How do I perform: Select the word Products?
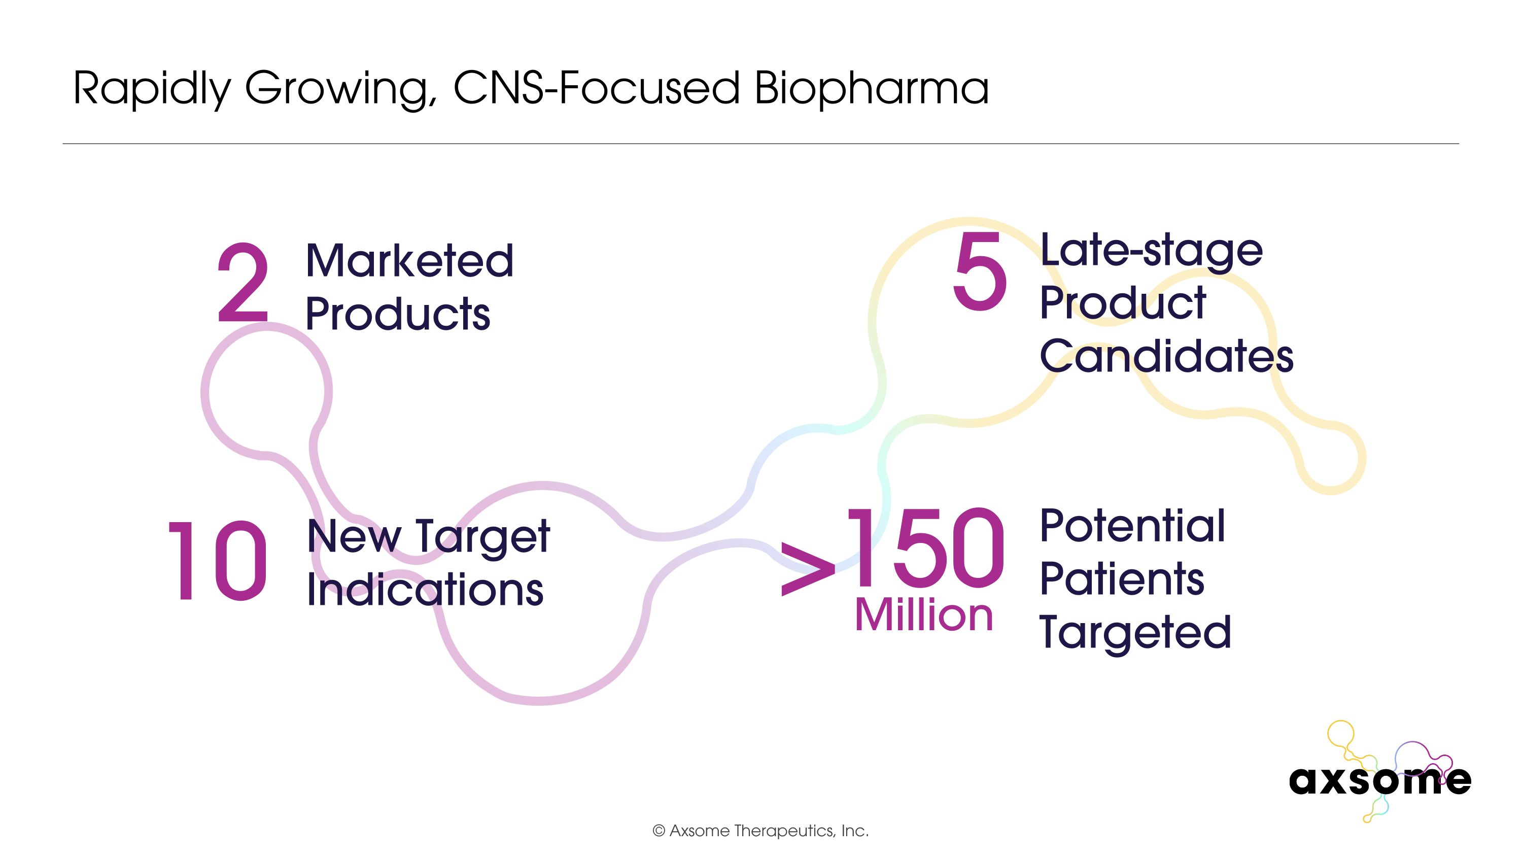(398, 314)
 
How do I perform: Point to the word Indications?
(425, 590)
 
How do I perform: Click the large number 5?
(979, 272)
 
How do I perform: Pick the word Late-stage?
(1151, 251)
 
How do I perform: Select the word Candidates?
(1166, 356)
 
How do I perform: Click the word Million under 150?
(923, 615)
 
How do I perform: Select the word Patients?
(1121, 579)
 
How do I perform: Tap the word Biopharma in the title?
(872, 89)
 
